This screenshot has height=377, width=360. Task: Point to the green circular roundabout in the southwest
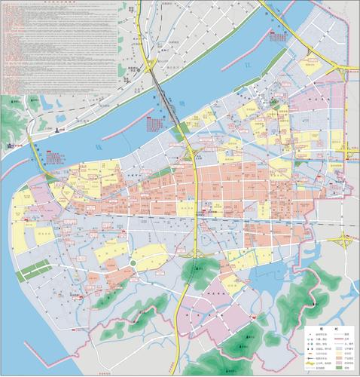(x=133, y=262)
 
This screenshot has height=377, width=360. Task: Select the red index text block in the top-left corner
(x=30, y=45)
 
